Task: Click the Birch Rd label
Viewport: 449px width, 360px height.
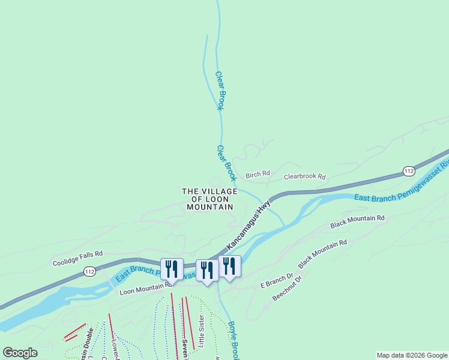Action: pyautogui.click(x=258, y=175)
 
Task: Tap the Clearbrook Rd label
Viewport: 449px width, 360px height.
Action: pyautogui.click(x=304, y=177)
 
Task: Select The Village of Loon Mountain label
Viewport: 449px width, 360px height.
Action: pyautogui.click(x=209, y=199)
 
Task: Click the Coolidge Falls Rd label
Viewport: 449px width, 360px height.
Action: pyautogui.click(x=78, y=259)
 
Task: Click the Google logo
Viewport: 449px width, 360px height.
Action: pyautogui.click(x=20, y=353)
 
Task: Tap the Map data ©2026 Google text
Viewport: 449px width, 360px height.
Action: pyautogui.click(x=412, y=355)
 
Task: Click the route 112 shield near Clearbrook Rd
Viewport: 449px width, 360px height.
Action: pyautogui.click(x=408, y=172)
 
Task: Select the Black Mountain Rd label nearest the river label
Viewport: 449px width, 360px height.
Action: pyautogui.click(x=357, y=221)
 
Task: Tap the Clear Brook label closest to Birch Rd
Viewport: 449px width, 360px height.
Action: pyautogui.click(x=226, y=163)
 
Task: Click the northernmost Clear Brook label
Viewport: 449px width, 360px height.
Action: pyautogui.click(x=220, y=91)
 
